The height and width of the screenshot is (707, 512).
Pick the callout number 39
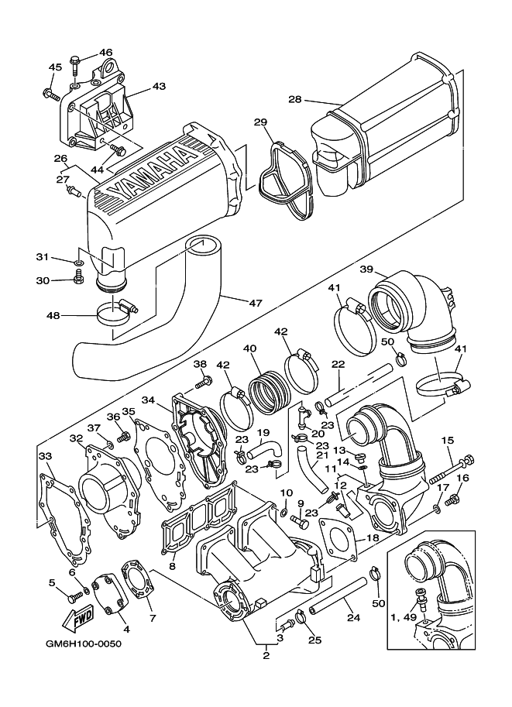tap(367, 269)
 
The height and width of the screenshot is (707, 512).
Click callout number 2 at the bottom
tap(266, 656)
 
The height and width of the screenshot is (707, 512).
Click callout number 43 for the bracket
tap(159, 86)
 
